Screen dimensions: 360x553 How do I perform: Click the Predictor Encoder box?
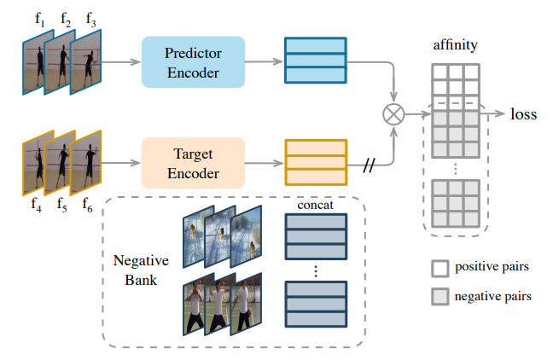[x=192, y=62]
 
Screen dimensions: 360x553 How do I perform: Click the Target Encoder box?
[x=192, y=164]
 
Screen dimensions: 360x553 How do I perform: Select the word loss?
[x=523, y=113]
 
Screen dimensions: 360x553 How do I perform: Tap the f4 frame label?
[x=36, y=205]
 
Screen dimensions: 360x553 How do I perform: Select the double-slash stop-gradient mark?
[x=369, y=164]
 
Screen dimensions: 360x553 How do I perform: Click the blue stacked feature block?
[x=315, y=62]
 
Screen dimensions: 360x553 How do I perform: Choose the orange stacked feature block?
[x=315, y=164]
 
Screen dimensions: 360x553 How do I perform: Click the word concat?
[x=315, y=206]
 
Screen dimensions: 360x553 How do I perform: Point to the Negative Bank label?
[x=137, y=270]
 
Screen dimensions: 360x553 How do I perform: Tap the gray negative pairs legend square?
[x=440, y=297]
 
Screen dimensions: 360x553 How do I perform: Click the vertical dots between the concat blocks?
[x=316, y=271]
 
